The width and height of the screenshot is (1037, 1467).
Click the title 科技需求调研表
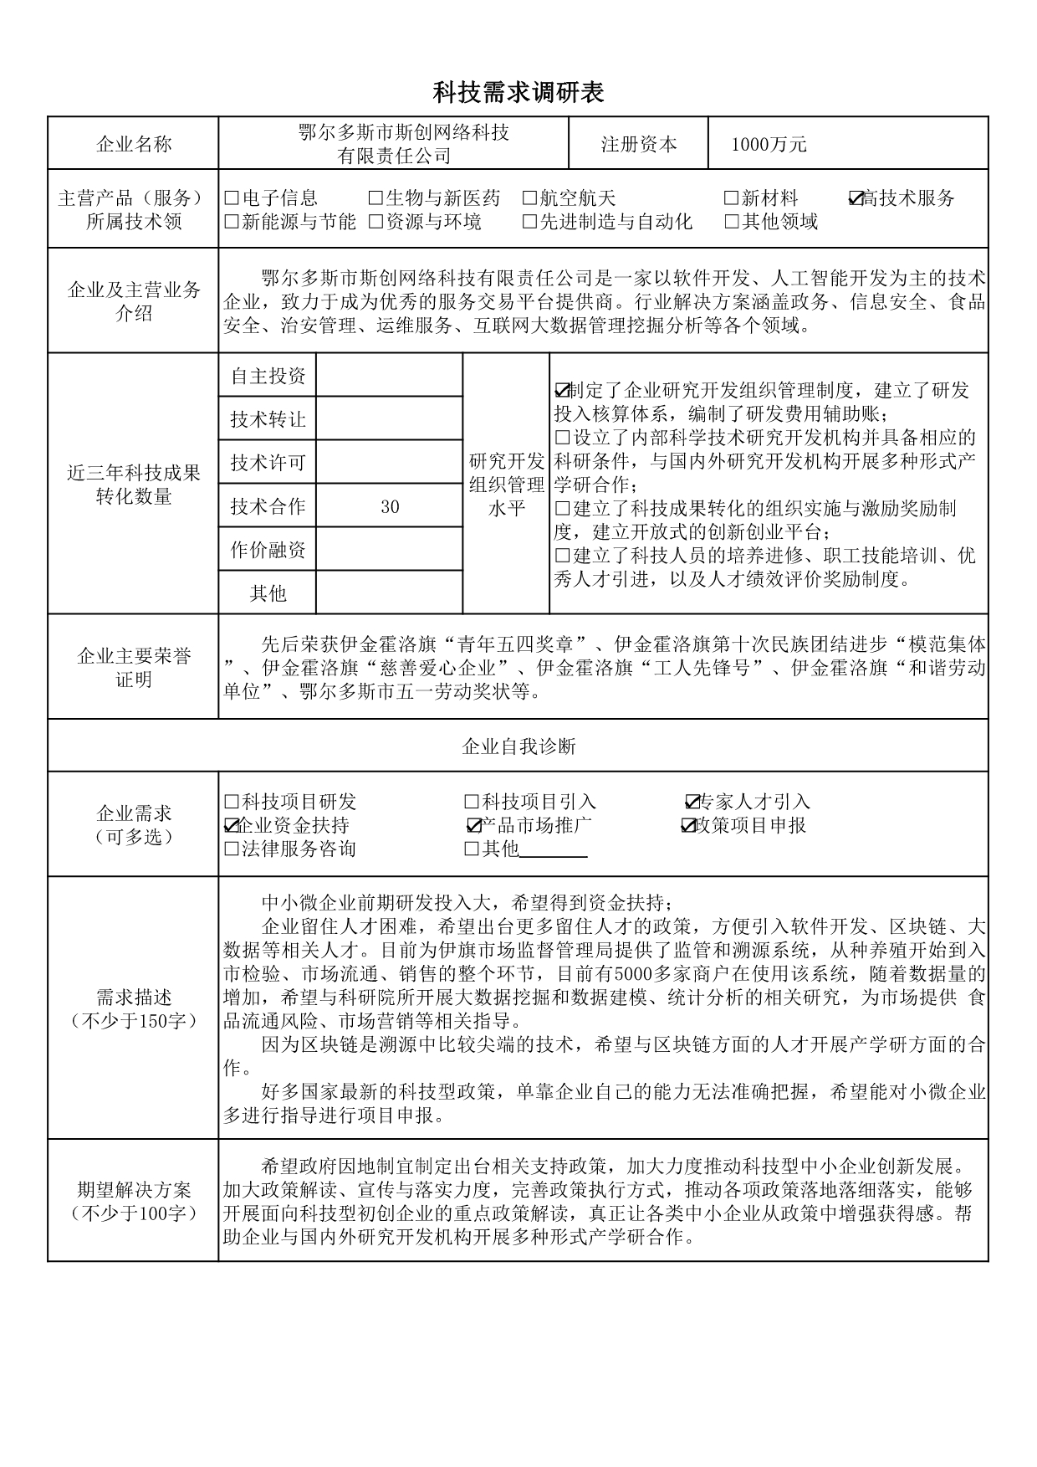[518, 93]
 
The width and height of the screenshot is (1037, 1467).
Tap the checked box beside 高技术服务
[856, 198]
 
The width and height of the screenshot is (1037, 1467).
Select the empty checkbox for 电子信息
[232, 198]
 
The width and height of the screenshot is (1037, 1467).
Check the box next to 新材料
[731, 198]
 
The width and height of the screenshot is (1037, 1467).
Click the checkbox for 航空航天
[529, 198]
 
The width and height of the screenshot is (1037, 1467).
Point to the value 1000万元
[769, 145]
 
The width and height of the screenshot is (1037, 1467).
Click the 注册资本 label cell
[638, 144]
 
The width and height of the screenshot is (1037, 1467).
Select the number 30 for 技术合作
[390, 506]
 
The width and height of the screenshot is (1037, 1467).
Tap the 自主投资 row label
[268, 376]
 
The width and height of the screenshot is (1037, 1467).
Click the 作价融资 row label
[268, 550]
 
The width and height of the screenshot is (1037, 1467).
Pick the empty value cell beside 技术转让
[389, 418]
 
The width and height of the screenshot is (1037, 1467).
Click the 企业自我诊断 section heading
[518, 746]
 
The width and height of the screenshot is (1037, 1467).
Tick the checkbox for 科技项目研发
[232, 802]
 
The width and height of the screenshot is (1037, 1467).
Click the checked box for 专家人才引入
[692, 802]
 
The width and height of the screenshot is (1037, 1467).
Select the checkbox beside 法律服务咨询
[232, 849]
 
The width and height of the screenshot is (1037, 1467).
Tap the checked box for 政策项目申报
[688, 826]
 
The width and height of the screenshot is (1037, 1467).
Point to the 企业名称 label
[134, 144]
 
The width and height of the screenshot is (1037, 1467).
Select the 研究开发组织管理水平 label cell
[506, 484]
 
